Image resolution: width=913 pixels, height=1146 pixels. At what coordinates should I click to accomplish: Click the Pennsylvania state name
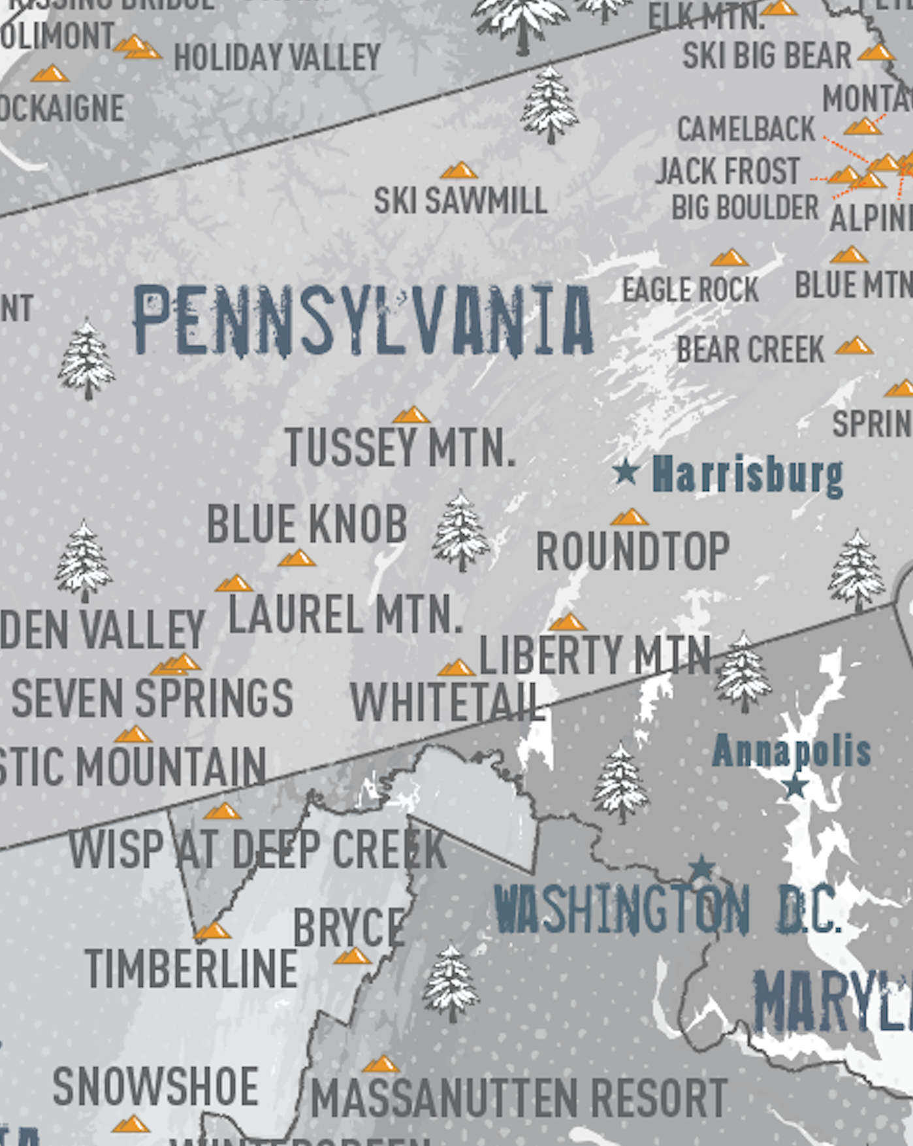click(363, 321)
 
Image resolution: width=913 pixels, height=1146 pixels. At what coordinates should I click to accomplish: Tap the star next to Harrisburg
click(626, 470)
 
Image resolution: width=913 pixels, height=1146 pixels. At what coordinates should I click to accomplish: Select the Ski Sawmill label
click(460, 200)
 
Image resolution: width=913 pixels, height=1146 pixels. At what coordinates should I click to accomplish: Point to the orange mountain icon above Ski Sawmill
click(458, 171)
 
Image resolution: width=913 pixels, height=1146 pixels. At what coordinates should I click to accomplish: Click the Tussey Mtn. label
click(400, 448)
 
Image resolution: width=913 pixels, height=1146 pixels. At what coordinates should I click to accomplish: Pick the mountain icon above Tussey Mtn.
click(411, 415)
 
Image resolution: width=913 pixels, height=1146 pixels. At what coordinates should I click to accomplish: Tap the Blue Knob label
click(307, 524)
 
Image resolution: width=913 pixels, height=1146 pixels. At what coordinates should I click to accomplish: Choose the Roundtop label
click(632, 551)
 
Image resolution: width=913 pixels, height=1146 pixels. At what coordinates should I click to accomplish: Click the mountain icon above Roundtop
click(629, 517)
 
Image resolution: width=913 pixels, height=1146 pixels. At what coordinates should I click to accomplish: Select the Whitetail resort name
click(447, 702)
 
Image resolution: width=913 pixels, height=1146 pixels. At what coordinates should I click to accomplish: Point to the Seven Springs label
click(152, 698)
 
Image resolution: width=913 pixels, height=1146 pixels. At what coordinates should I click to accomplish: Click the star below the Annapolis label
click(795, 786)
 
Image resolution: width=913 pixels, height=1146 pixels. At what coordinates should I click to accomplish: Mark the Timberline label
click(191, 968)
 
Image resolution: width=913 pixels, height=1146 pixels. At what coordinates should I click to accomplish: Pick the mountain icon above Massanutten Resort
click(381, 1064)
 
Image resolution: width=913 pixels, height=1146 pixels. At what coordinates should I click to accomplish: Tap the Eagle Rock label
click(690, 289)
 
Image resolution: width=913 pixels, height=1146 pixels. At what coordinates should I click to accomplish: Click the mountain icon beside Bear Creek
click(854, 345)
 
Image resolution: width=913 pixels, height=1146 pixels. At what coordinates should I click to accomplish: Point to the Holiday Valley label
click(278, 57)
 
